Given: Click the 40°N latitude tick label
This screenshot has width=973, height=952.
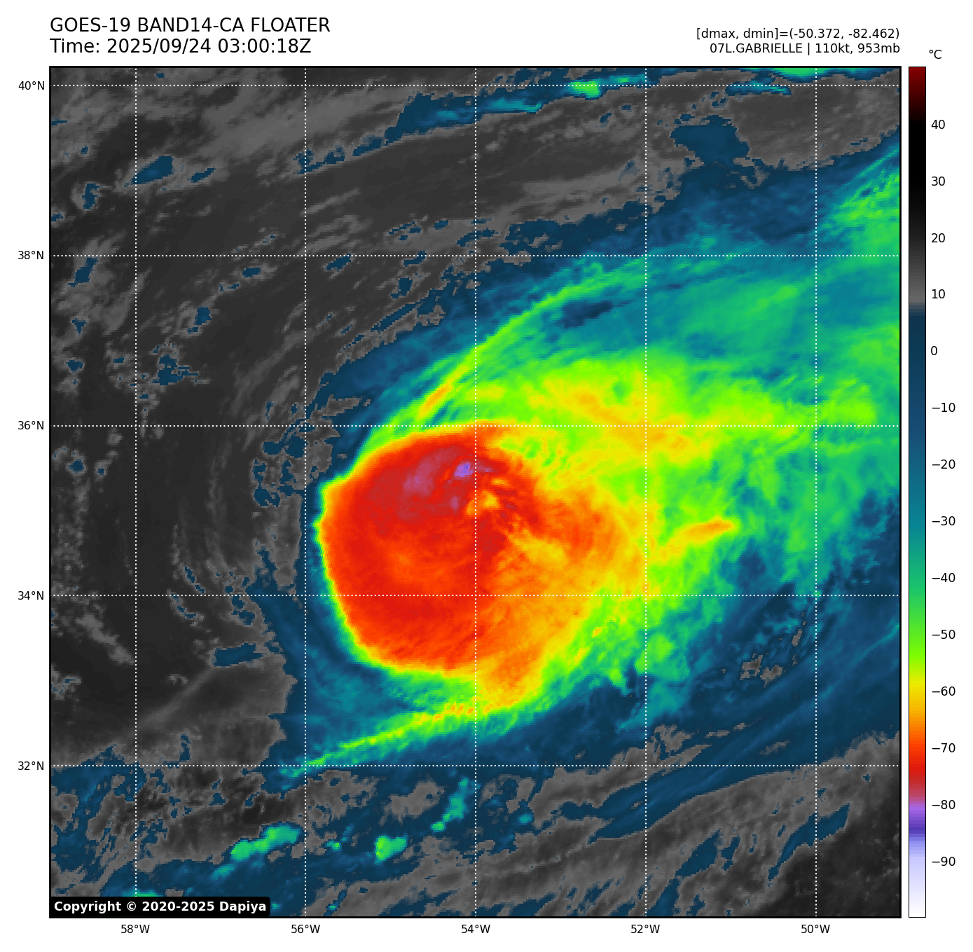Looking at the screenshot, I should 31,85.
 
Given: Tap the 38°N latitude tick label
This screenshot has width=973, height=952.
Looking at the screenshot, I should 31,256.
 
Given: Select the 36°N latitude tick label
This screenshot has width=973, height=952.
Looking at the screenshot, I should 31,426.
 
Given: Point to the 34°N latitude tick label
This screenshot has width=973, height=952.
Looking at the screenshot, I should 31,596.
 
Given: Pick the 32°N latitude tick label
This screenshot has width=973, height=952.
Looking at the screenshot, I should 31,766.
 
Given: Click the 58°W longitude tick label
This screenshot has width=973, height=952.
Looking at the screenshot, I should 135,930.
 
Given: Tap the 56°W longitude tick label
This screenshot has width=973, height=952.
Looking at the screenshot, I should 305,930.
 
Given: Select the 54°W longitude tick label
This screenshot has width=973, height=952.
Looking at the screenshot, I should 476,930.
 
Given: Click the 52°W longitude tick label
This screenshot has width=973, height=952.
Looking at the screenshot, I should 645,930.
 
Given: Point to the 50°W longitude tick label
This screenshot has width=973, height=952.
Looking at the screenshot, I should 815,930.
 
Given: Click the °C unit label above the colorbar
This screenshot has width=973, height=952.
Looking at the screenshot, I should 934,55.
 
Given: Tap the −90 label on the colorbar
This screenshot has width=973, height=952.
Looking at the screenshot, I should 943,862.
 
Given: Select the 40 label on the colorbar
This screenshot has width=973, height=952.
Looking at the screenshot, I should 938,125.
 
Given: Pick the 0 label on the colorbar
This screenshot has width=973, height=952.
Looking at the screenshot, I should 934,351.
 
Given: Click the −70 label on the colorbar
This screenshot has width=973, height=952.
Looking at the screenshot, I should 943,748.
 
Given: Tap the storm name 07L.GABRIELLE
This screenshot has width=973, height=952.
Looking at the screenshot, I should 756,48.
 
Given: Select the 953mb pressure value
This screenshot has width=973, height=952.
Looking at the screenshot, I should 878,48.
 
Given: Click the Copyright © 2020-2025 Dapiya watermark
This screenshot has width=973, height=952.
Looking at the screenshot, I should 160,906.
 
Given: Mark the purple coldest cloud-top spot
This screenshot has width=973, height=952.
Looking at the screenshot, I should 463,469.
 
